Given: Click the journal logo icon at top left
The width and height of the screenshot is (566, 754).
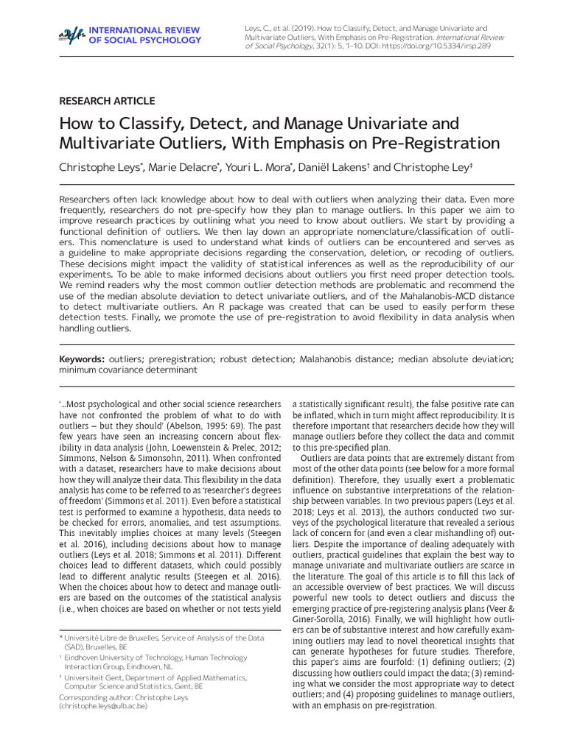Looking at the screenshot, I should click(x=72, y=34).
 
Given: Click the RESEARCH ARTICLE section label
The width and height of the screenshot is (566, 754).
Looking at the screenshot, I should click(x=107, y=101).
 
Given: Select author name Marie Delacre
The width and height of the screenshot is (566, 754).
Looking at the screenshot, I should click(x=182, y=168).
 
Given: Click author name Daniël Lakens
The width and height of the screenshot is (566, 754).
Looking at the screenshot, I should click(x=332, y=168).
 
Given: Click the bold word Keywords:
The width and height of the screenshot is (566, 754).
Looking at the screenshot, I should click(x=82, y=359).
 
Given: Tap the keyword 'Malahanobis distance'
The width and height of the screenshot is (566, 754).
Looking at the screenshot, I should click(x=344, y=359).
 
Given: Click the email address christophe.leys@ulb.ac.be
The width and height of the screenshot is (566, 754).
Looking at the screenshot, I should click(x=104, y=705).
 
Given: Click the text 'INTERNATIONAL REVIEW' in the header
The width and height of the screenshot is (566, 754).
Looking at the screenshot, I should click(x=144, y=29).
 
